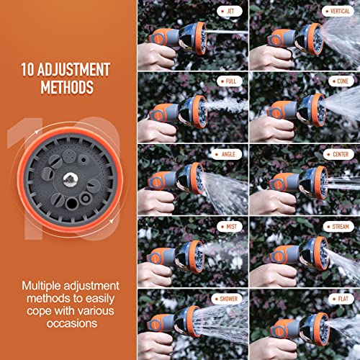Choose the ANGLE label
[226, 153]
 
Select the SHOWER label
[225, 297]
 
